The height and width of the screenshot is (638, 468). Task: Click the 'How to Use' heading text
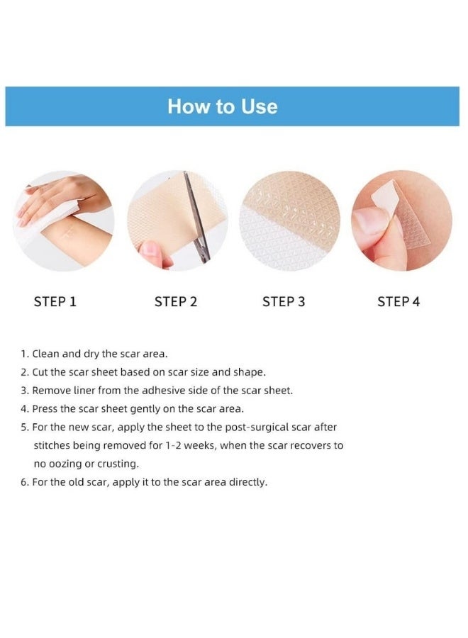(x=222, y=106)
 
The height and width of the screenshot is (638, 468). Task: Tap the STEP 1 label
(x=55, y=302)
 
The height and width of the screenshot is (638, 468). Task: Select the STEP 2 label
(x=175, y=302)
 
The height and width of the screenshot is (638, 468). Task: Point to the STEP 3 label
(x=284, y=302)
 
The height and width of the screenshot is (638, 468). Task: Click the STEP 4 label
(x=399, y=302)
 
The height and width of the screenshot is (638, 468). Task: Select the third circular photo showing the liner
(x=291, y=220)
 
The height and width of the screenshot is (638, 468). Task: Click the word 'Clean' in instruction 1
(x=47, y=353)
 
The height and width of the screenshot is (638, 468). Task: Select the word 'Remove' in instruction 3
(x=51, y=390)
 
